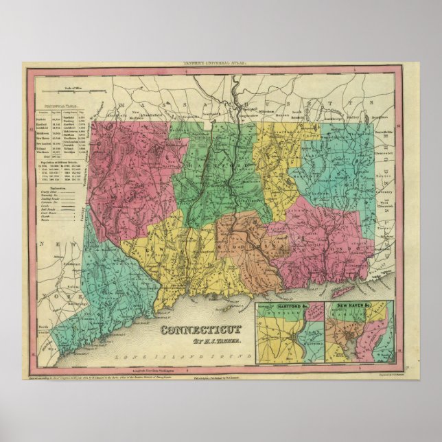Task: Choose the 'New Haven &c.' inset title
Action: tap(347, 305)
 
